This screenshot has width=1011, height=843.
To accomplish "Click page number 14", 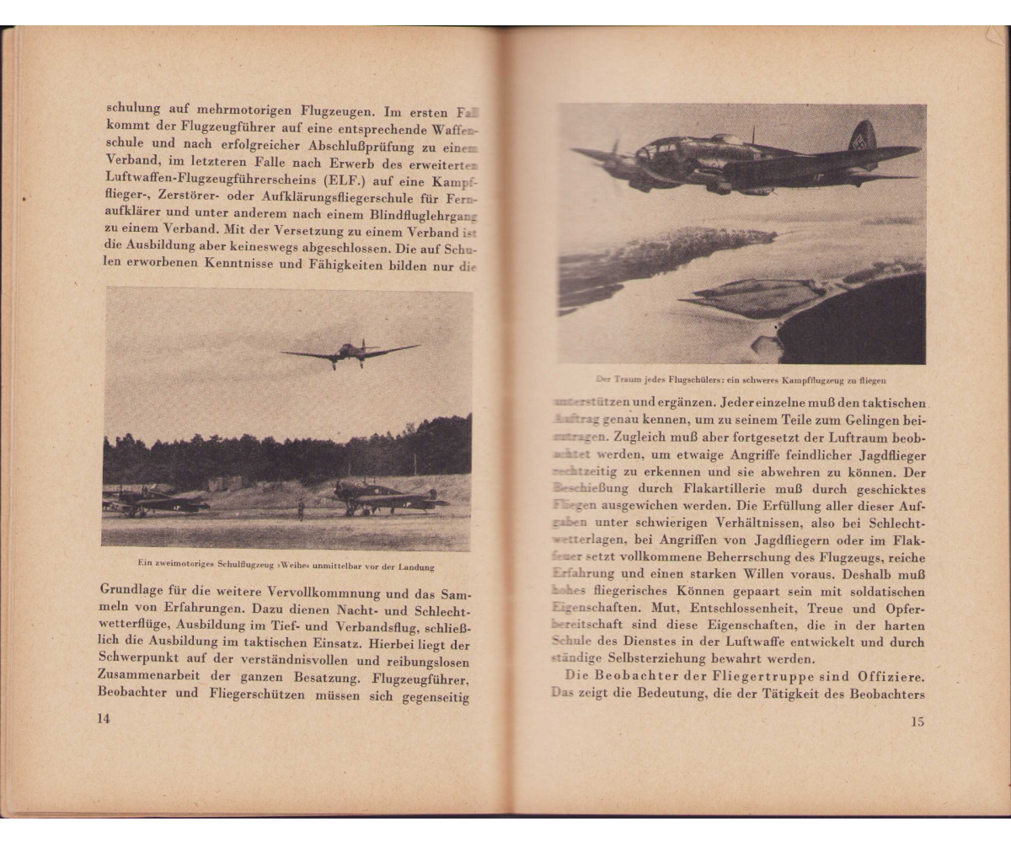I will click(x=104, y=718).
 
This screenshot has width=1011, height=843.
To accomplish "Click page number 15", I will click(x=917, y=722).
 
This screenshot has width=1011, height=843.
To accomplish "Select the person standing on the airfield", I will click(x=301, y=509).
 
